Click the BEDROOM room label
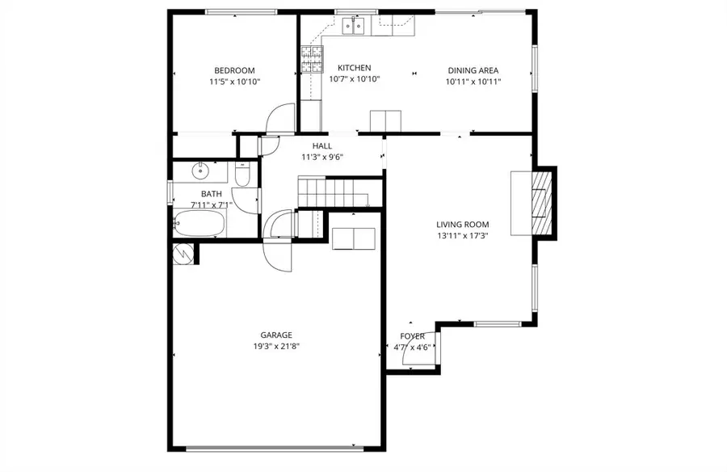point(234,70)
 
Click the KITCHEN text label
point(354,68)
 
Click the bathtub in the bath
point(199,223)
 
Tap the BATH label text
point(211,194)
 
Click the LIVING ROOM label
point(462,225)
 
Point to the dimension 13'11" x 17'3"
point(462,236)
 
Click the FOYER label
point(412,336)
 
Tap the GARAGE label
point(275,335)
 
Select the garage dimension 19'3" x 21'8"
point(275,346)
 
